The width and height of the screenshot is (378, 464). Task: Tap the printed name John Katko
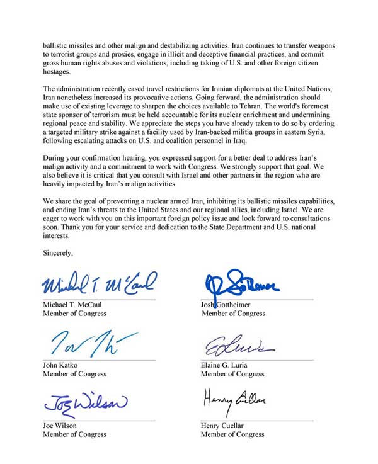[60, 365]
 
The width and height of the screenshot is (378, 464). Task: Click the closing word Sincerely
[58, 253]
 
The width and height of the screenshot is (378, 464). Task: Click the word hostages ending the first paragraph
[56, 72]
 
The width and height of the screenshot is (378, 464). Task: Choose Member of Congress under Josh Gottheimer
[233, 313]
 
